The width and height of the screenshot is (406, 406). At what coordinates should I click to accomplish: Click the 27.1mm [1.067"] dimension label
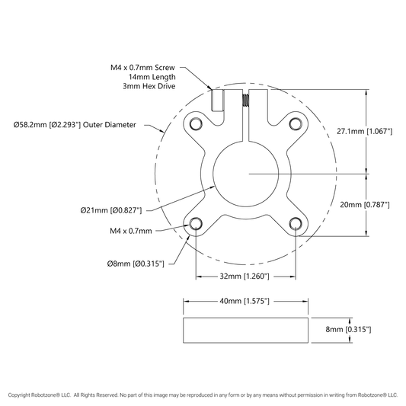click(x=364, y=131)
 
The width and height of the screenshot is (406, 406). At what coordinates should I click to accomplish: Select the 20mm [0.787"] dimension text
click(x=365, y=205)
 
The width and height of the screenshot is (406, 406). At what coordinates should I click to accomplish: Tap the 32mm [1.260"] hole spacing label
click(x=245, y=277)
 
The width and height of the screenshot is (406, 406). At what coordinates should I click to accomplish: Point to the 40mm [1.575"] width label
click(x=245, y=301)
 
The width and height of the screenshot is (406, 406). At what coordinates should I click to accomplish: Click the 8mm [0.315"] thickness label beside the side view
click(x=348, y=329)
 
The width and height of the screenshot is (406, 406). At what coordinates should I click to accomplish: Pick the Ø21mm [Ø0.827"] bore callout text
click(x=111, y=210)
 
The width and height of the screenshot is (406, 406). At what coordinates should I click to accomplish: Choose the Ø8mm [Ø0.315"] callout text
click(x=136, y=264)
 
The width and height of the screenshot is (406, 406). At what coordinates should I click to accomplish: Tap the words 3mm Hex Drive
click(x=149, y=86)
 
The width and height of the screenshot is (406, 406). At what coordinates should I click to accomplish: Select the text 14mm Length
click(x=152, y=77)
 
